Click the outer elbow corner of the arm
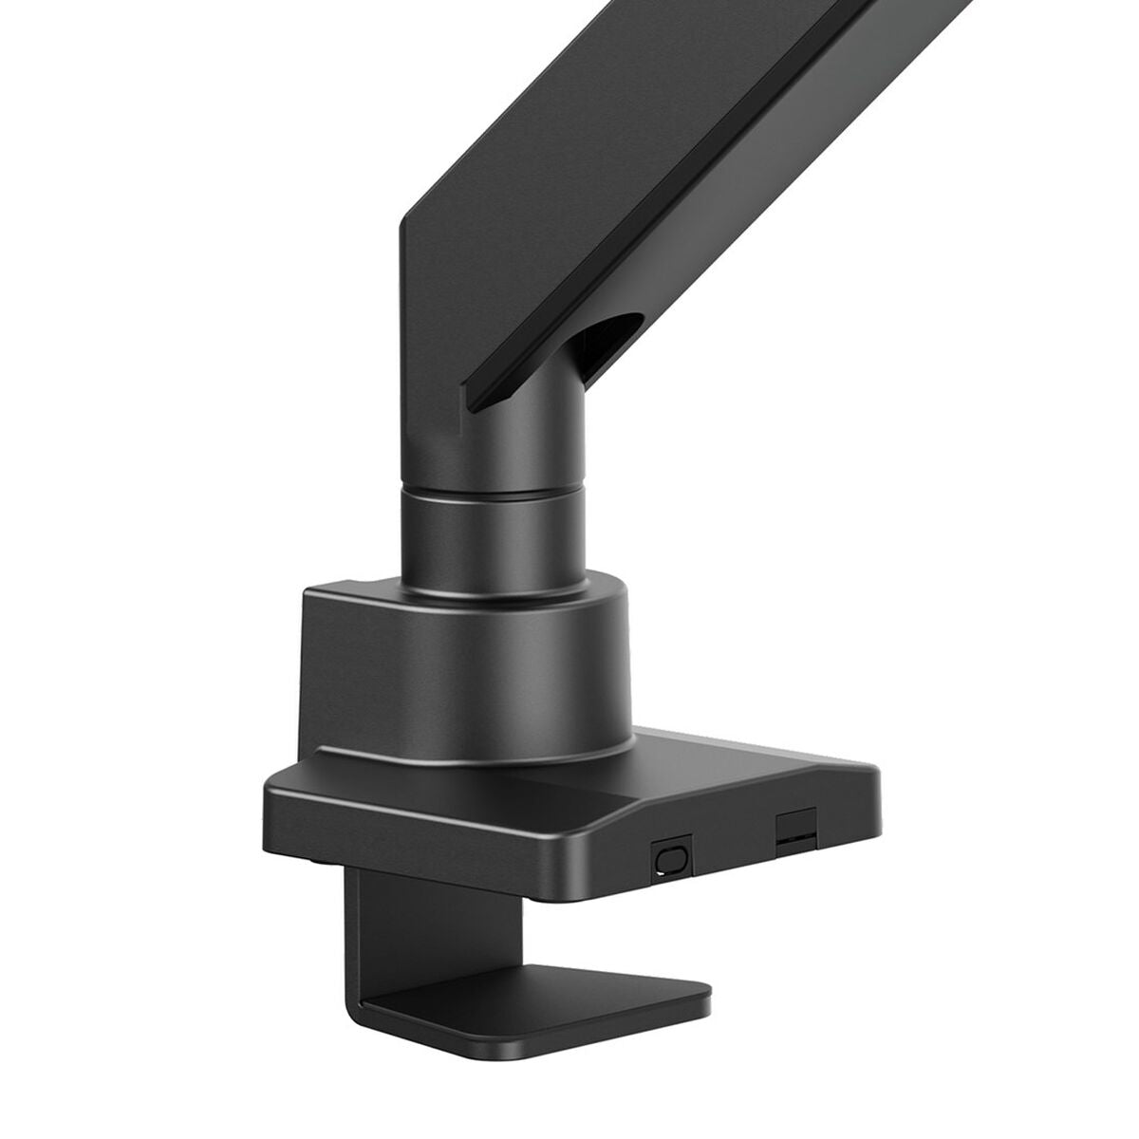point(402,225)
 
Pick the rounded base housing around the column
point(465,664)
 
